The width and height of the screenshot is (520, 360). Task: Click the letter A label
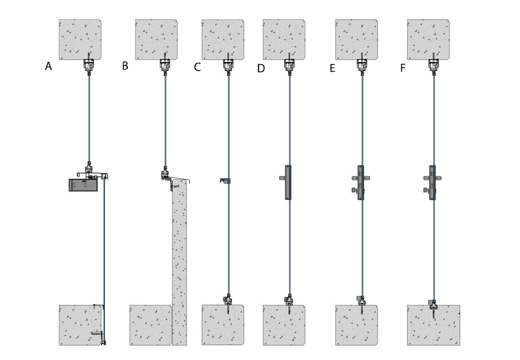(48, 66)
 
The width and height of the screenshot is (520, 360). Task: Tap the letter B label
(125, 66)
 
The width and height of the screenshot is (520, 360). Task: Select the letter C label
(197, 67)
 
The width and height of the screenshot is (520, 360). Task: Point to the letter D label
(261, 69)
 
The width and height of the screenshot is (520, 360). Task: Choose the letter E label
(332, 69)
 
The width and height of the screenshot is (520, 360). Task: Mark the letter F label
(403, 68)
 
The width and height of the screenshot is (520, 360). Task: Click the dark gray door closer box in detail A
(83, 185)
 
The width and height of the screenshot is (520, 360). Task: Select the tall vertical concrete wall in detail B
(179, 262)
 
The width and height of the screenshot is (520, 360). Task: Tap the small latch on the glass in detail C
(225, 180)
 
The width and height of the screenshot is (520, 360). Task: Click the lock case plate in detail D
(288, 183)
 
